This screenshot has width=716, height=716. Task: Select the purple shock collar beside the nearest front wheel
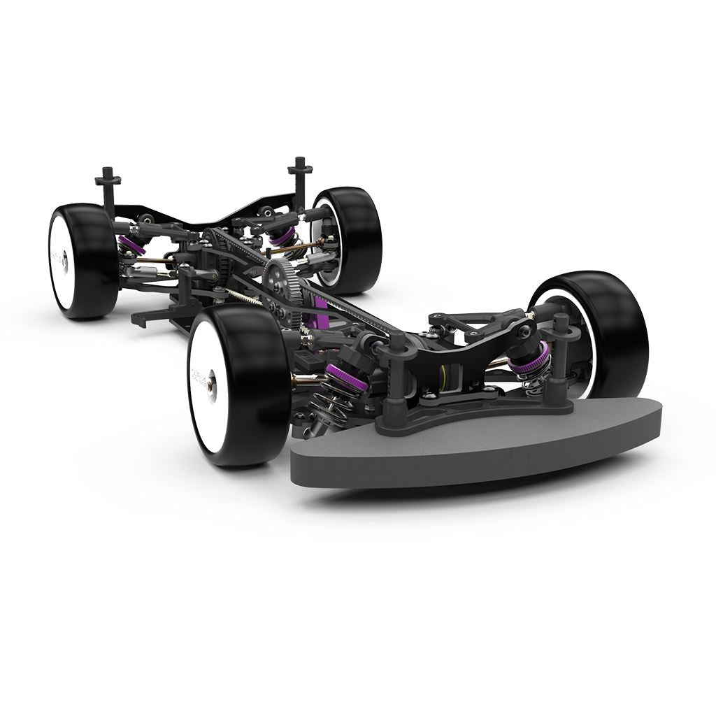click(x=343, y=378)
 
